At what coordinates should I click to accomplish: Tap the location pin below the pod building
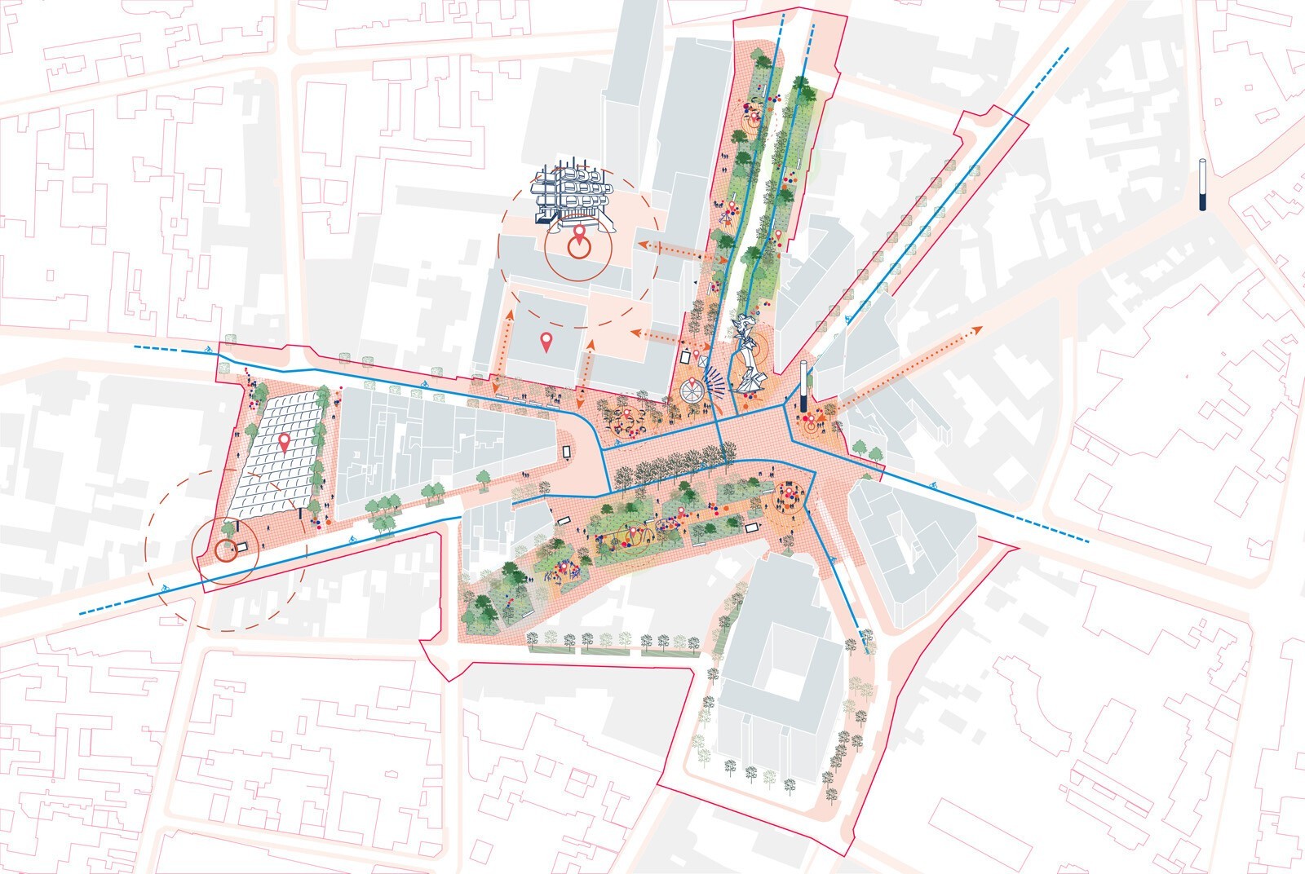(x=580, y=237)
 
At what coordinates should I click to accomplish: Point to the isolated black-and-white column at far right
(x=1202, y=184)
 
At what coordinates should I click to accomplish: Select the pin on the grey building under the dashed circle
(x=546, y=342)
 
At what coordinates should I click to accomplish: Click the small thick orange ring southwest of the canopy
(x=225, y=551)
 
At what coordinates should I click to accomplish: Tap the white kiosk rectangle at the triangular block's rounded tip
(x=567, y=451)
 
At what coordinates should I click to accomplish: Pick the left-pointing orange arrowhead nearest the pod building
(x=642, y=245)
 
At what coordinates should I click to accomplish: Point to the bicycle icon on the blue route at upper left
(x=210, y=351)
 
